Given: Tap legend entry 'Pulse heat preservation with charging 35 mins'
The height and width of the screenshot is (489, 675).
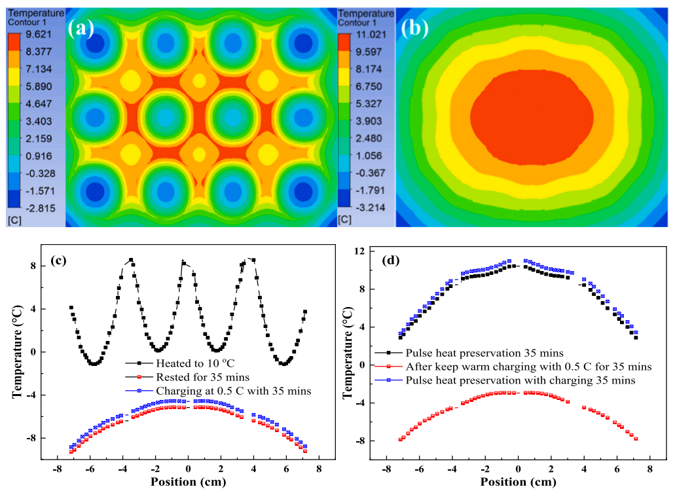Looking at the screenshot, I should (515, 380).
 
